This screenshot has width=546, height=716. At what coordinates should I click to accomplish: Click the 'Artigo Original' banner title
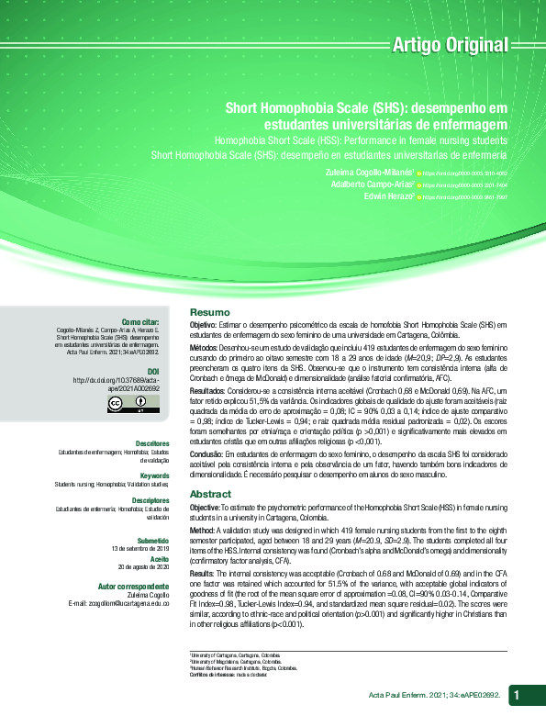449,44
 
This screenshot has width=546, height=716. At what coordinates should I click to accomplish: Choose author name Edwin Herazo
389,196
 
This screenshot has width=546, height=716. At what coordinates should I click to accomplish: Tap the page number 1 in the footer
519,694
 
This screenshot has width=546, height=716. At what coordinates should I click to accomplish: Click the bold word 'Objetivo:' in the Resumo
203,326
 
